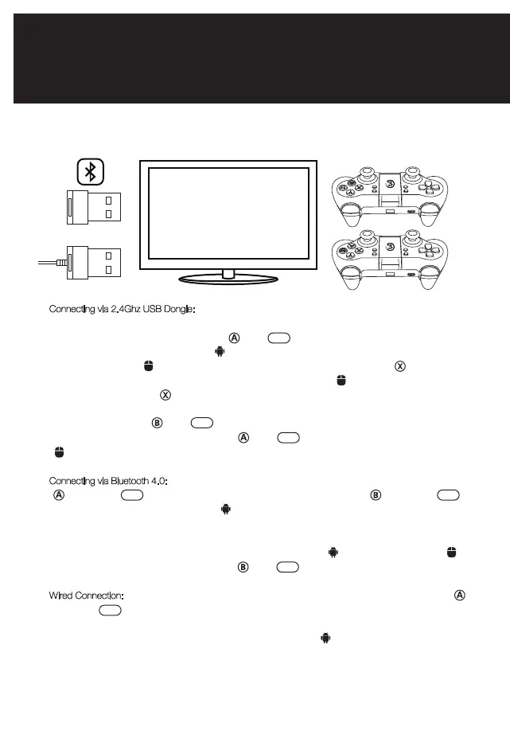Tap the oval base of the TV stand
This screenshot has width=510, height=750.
[228, 280]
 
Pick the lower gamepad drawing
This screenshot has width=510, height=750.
[391, 262]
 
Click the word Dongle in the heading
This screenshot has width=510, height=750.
[191, 309]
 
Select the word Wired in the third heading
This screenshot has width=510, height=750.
[64, 596]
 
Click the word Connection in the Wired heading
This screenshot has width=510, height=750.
[100, 596]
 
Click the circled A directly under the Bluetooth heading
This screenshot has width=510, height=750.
[58, 495]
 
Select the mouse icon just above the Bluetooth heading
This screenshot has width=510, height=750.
[58, 452]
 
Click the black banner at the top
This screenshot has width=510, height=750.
[255, 58]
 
